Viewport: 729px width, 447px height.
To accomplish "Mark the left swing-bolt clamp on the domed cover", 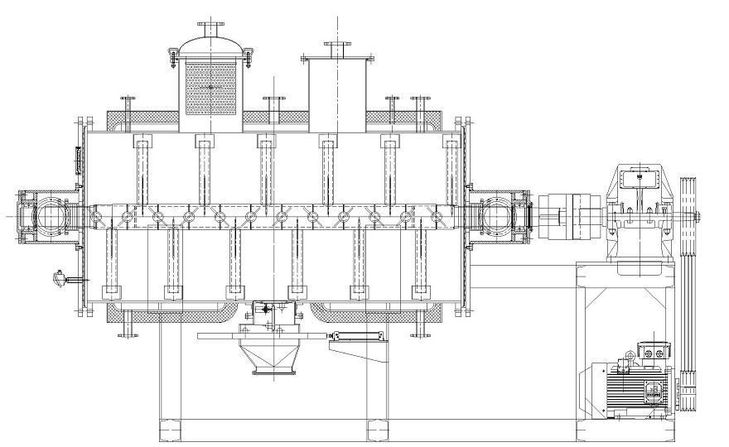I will point(172,56).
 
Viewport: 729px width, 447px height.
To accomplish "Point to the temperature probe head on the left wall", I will point(58,278).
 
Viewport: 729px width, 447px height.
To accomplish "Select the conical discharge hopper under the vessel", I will point(273,357).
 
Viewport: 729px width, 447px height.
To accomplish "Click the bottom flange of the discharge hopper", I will point(273,372).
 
